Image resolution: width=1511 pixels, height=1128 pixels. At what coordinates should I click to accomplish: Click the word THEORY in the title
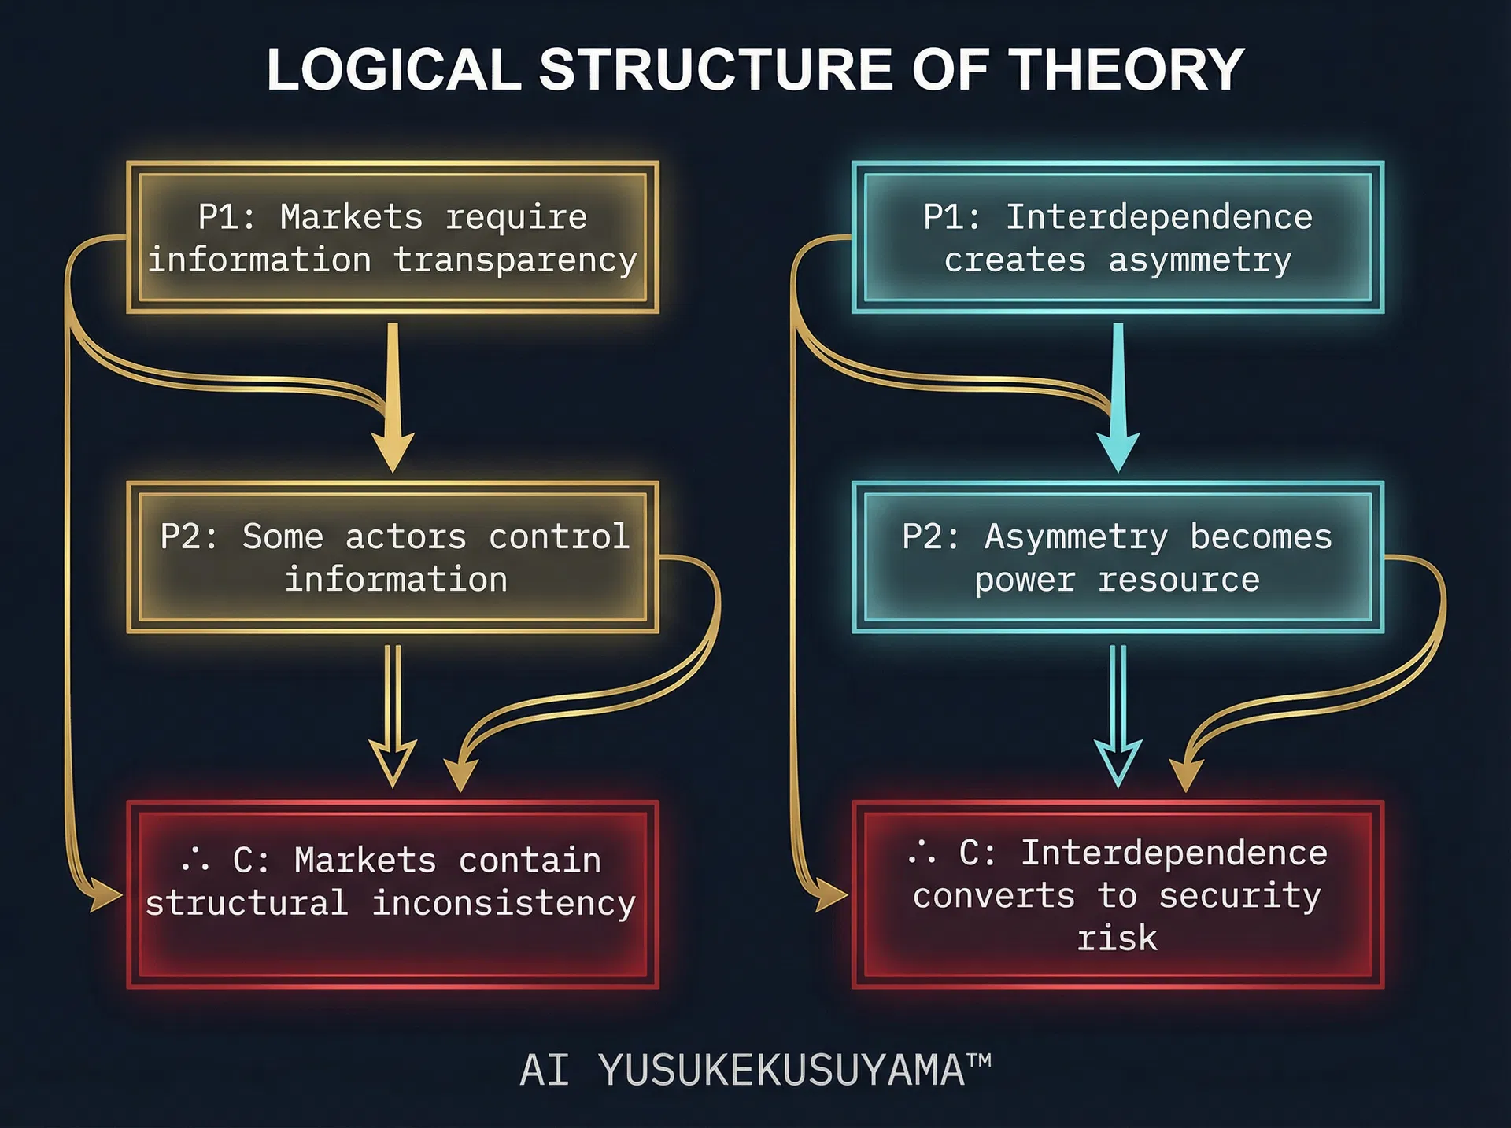coord(1126,69)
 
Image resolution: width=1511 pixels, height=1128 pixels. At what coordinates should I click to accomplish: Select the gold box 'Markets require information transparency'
coord(393,238)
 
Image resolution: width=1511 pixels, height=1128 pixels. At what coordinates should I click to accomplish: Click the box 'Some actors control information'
coord(393,557)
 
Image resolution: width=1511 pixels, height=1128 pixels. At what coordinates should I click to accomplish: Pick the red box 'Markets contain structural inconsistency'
coord(393,894)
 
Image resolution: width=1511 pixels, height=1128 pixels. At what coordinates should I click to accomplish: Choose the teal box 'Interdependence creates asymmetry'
coord(1118,238)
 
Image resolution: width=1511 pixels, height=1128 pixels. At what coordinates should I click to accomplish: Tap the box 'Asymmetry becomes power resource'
coord(1118,557)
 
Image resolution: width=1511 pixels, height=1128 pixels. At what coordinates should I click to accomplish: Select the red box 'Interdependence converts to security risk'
coord(1118,894)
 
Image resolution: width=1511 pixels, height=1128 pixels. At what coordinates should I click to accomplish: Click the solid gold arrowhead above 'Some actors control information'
coord(393,451)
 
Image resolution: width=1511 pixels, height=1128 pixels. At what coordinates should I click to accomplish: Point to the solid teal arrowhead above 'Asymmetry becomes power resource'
coord(1118,451)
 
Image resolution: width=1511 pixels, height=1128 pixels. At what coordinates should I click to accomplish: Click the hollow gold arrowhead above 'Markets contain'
coord(393,764)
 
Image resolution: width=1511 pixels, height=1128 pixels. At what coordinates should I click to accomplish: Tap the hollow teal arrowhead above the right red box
coord(1118,764)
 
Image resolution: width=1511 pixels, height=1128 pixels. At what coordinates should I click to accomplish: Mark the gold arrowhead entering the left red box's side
coord(105,895)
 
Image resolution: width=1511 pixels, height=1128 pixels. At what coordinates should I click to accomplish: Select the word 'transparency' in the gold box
coord(515,260)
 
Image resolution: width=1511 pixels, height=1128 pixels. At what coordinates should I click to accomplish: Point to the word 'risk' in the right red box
coord(1118,938)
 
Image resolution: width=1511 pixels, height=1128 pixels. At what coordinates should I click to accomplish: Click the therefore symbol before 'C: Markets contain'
coord(195,859)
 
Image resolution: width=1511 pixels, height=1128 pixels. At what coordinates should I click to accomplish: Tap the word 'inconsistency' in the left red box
coord(504,903)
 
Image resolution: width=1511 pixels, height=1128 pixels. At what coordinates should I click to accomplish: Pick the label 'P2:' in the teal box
coord(931,536)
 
